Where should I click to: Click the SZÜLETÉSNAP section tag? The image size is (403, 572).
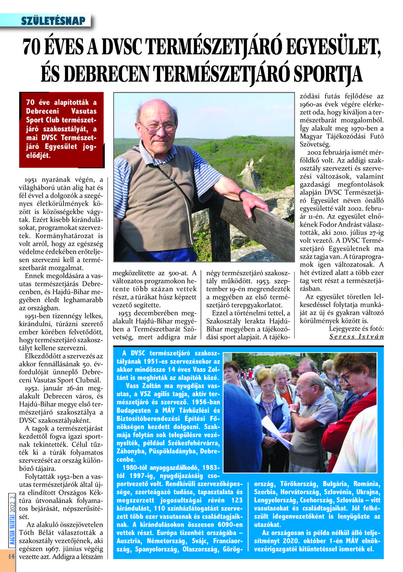pyautogui.click(x=53, y=21)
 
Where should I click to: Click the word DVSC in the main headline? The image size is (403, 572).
pyautogui.click(x=122, y=47)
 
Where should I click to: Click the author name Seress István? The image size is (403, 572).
pyautogui.click(x=356, y=337)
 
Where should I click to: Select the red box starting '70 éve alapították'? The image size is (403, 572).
pyautogui.click(x=61, y=130)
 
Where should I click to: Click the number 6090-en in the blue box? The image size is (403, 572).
pyautogui.click(x=230, y=525)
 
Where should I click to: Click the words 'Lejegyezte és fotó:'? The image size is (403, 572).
pyautogui.click(x=356, y=329)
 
